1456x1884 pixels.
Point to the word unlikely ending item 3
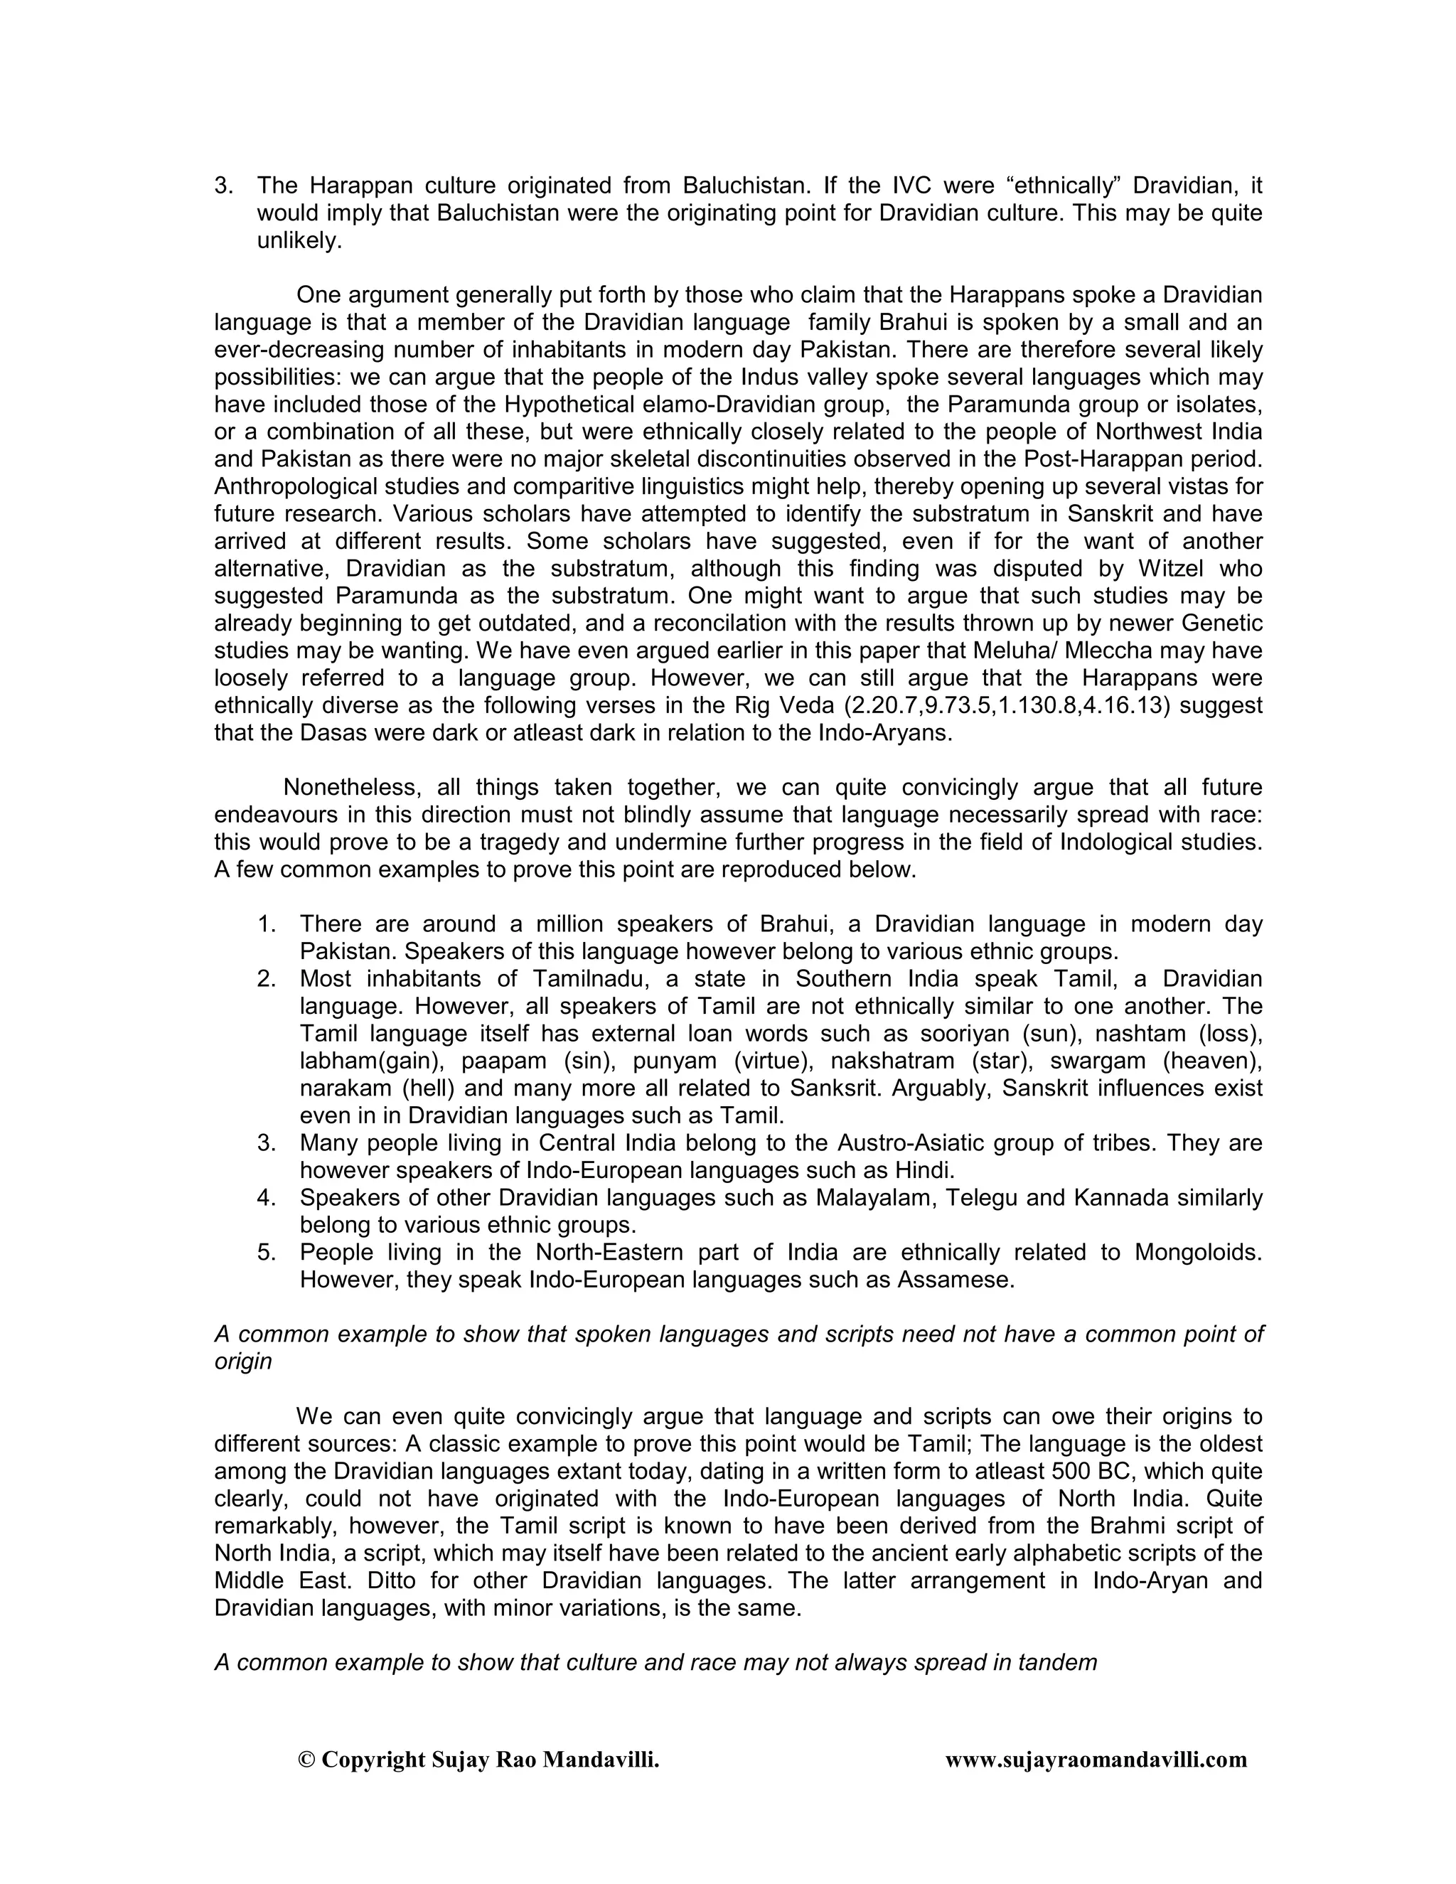[x=299, y=241]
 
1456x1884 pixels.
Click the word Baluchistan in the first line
[x=737, y=186]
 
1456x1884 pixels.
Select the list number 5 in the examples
[x=267, y=1252]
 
